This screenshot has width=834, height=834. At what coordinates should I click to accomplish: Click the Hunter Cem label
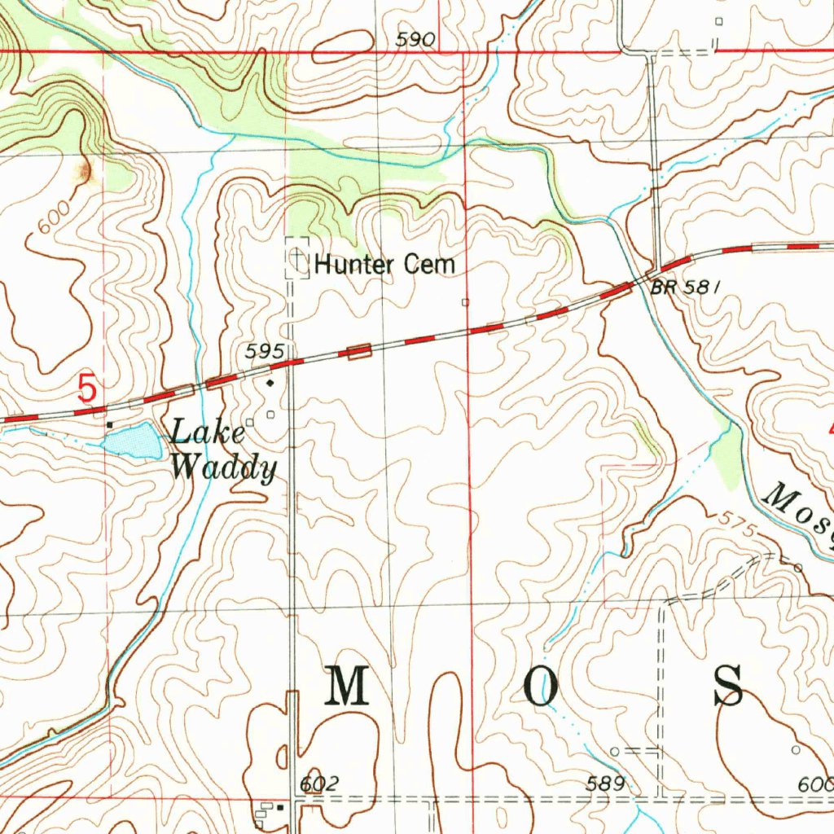click(x=384, y=265)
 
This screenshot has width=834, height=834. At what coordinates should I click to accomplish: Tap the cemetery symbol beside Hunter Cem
click(x=297, y=260)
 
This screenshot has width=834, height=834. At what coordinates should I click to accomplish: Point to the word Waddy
click(x=223, y=467)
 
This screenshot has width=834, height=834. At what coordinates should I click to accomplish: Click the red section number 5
click(x=87, y=388)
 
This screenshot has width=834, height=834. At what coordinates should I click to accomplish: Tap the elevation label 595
click(x=265, y=351)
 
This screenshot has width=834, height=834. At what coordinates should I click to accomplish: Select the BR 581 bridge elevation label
click(x=686, y=288)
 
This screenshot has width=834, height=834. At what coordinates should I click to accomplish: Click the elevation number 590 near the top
click(x=415, y=39)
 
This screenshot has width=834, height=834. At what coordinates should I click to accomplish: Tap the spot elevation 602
click(x=318, y=784)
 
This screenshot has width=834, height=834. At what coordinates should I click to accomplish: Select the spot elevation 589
click(x=606, y=784)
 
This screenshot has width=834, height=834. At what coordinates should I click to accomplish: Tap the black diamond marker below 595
click(x=270, y=380)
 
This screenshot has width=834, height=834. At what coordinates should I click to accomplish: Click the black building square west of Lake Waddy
click(x=109, y=424)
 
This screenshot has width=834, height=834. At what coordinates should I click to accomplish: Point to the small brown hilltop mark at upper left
click(x=85, y=170)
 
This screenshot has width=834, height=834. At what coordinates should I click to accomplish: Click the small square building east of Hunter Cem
click(x=465, y=302)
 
